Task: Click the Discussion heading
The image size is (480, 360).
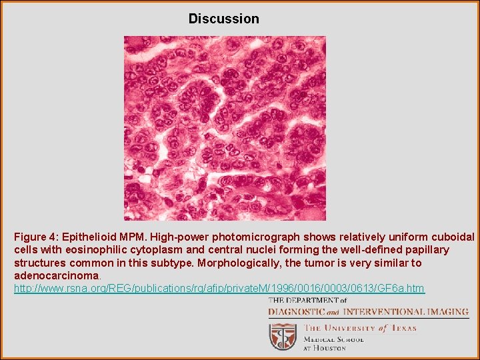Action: coord(223,19)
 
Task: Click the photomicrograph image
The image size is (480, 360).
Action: coord(225,128)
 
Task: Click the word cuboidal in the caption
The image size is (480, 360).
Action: coord(453,237)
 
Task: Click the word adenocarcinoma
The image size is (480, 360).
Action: coord(56,275)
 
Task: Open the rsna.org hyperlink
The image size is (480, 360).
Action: coord(219,288)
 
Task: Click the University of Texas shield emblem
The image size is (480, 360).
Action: coord(283,336)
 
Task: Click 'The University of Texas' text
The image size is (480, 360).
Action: coord(360,327)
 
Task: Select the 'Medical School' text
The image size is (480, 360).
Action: coord(334,339)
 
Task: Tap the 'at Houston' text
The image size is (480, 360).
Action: coord(325,347)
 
